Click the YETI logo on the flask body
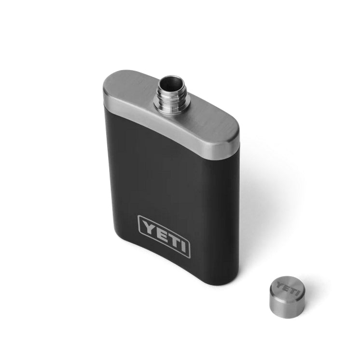tap(164, 236)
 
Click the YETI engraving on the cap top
tap(286, 288)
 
